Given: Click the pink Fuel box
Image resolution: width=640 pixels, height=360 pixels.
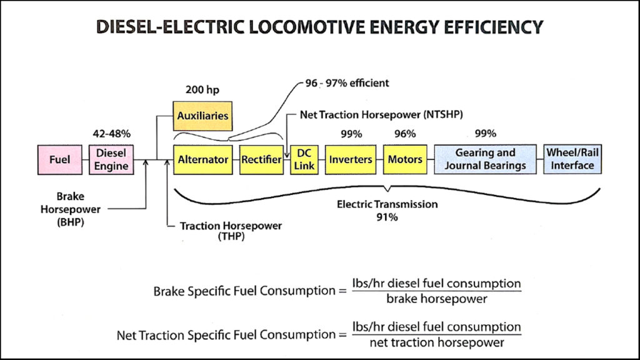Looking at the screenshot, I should pos(59,159).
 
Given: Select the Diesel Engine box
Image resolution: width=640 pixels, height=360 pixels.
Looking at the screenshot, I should pos(111,159).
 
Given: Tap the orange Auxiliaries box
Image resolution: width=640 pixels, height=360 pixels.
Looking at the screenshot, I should pos(202,116).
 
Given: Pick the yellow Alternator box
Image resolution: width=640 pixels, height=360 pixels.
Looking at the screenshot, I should pos(202,159).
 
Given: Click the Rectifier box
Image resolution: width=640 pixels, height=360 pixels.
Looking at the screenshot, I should pos(261,159).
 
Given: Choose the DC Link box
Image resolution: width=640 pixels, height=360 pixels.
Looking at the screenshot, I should pos(304,159).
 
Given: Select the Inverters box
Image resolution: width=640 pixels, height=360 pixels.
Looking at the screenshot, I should pos(350,159).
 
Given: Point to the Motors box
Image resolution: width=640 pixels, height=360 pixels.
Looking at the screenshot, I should pos(405,159).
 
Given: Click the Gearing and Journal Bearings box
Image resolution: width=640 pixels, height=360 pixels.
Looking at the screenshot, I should pos(485,159).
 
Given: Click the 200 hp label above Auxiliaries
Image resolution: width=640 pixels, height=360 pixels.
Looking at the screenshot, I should pos(202,89).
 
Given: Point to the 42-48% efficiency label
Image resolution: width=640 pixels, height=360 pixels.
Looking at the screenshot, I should pos(111,133).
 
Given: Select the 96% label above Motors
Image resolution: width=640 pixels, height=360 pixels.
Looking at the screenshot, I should pos(405,133).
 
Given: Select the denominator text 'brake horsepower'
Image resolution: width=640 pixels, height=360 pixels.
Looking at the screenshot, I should pos(437,299).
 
